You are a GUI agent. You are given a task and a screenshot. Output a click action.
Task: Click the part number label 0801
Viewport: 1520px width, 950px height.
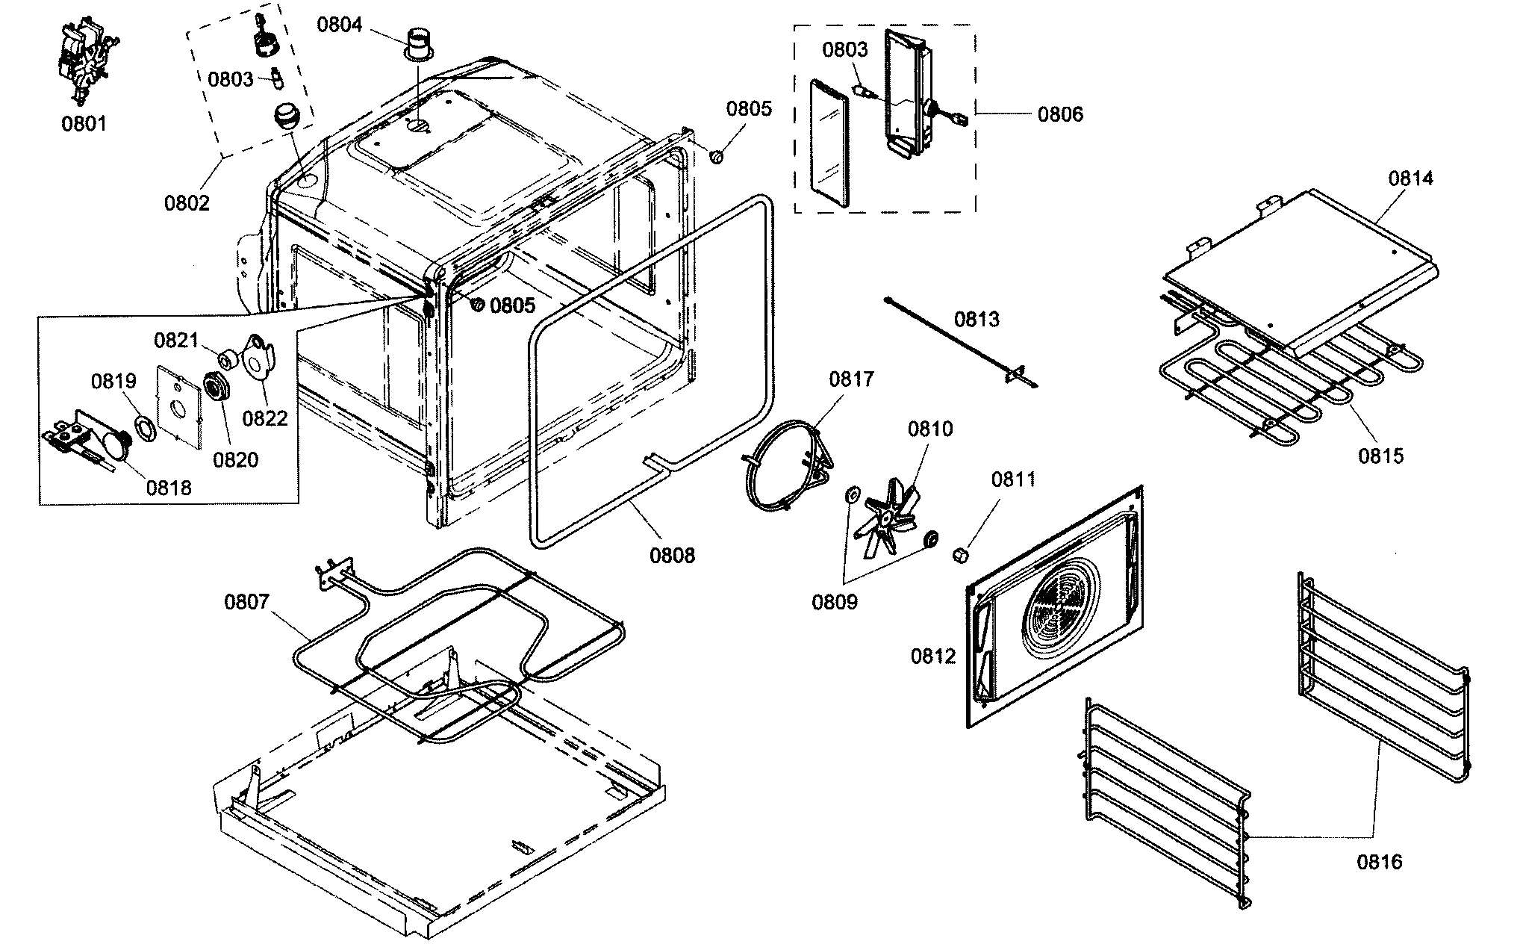click(x=84, y=124)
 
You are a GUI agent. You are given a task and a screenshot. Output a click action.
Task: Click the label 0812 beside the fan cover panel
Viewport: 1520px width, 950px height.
click(x=932, y=656)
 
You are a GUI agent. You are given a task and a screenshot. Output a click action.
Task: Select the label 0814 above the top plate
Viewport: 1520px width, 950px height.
click(x=1410, y=178)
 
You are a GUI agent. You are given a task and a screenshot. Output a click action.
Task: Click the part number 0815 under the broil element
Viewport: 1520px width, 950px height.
click(x=1380, y=456)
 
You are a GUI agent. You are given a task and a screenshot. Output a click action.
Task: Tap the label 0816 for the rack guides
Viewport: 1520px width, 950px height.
click(x=1380, y=863)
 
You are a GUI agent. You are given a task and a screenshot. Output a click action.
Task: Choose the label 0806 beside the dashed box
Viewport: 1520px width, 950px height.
click(x=1060, y=114)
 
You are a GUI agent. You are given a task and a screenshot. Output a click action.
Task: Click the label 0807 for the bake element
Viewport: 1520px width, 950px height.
click(x=246, y=601)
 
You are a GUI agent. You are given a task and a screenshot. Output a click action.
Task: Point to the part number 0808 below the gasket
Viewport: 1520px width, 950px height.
click(x=672, y=555)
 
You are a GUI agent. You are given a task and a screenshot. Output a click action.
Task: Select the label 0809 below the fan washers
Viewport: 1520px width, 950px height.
click(x=835, y=602)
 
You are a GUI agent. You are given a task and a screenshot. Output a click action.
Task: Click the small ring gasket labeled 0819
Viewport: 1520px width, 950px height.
click(x=143, y=431)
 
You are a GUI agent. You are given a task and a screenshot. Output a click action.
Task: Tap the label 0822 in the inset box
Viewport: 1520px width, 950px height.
click(x=265, y=418)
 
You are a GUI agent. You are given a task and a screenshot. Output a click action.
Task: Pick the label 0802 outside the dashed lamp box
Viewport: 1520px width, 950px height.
click(x=187, y=202)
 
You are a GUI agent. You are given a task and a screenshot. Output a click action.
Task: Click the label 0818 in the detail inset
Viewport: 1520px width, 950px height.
click(x=169, y=488)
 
